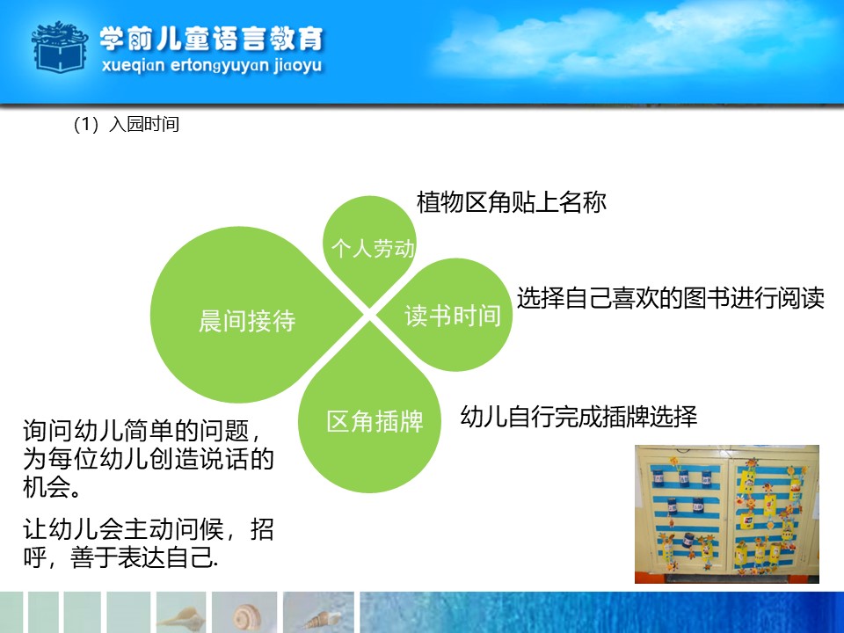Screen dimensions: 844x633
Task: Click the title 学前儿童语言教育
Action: click(212, 39)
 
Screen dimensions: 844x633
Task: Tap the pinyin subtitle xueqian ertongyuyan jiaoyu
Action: click(212, 66)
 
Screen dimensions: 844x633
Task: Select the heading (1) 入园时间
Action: click(126, 124)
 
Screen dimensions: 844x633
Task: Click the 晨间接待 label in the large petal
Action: click(247, 321)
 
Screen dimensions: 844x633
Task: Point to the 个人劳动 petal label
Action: click(373, 248)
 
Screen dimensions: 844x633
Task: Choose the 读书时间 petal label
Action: click(453, 316)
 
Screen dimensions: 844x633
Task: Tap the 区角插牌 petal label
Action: click(375, 421)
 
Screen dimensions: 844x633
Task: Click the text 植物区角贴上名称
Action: click(512, 202)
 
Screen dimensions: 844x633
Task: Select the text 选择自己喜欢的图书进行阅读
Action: click(671, 298)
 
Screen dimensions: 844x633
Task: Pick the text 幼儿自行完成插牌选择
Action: click(578, 416)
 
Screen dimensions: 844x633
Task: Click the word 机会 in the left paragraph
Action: click(46, 486)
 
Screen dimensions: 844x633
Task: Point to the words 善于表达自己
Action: click(143, 557)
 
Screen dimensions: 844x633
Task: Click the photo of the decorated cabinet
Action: click(727, 514)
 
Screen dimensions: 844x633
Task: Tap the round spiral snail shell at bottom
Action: click(246, 617)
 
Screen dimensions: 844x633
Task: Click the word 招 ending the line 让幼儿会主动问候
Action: click(262, 529)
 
